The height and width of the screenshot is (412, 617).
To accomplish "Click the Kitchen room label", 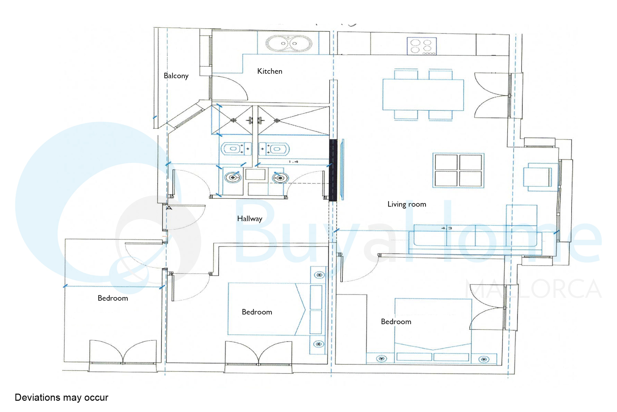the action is click(x=270, y=71).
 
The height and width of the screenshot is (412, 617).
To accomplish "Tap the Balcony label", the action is click(x=176, y=76).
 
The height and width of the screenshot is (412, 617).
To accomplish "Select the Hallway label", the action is click(x=250, y=219).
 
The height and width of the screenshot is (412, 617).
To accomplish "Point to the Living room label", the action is click(x=407, y=204).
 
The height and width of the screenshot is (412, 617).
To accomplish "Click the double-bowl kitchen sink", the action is click(x=289, y=43).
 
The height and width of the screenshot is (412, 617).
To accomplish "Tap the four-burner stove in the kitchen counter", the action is click(x=422, y=46).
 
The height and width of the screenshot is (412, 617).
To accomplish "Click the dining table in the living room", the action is click(x=423, y=95).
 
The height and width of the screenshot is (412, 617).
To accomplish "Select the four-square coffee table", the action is click(x=458, y=170).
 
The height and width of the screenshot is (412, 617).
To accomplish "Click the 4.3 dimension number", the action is click(x=447, y=228).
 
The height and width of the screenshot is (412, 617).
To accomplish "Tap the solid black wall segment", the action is click(x=333, y=170).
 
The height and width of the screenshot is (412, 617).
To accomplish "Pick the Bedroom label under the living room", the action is click(x=396, y=322).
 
